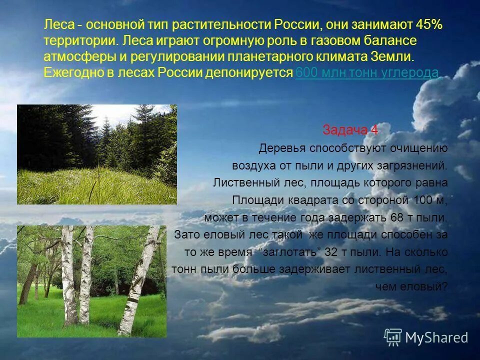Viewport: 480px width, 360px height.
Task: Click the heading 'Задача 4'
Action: [x=350, y=130]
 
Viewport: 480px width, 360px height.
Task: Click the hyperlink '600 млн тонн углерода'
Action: [x=368, y=73]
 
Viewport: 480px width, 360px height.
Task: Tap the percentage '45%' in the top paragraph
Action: [x=428, y=25]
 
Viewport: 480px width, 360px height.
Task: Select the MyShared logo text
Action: [x=436, y=337]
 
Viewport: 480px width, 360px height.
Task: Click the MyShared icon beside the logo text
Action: [x=393, y=337]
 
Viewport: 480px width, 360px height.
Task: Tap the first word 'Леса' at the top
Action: [x=58, y=25]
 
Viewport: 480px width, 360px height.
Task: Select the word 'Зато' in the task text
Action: [x=185, y=234]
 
